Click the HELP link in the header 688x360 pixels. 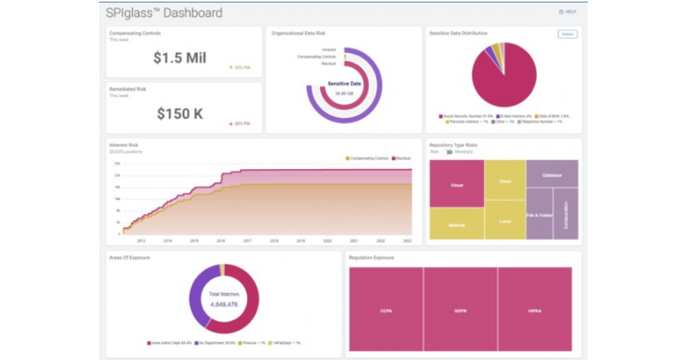point(568,12)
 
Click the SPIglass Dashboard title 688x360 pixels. point(164,13)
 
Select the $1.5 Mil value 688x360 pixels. point(179,57)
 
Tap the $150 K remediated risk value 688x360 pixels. point(179,114)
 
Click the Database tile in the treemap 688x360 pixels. point(552,174)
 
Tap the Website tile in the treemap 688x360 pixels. point(456,224)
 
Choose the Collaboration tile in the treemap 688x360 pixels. point(565,214)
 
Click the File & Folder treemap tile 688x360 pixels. point(539,214)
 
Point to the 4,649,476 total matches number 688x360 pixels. point(224,304)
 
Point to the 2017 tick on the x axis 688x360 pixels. point(248,241)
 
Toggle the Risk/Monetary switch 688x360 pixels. point(449,152)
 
